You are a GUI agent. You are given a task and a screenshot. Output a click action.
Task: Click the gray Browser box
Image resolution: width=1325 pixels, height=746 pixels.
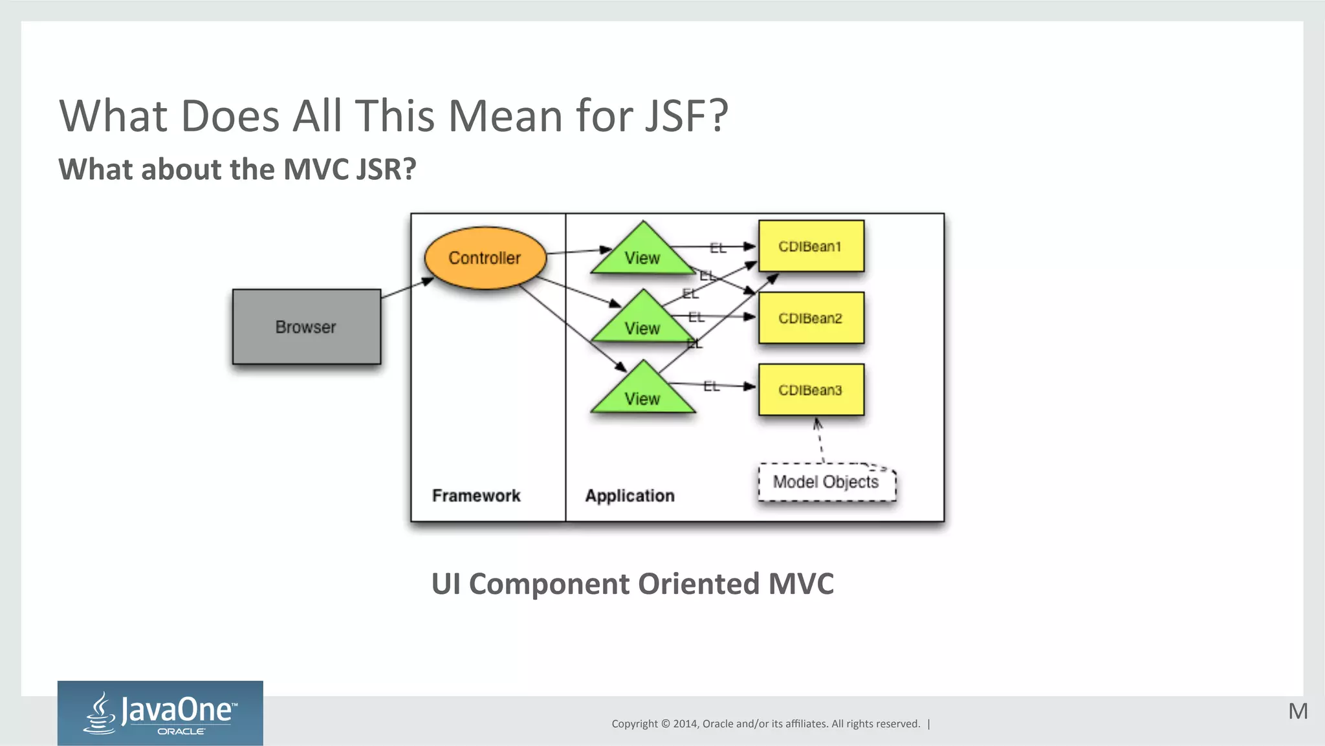306,327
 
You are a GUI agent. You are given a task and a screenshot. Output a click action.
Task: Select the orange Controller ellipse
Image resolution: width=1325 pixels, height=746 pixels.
485,258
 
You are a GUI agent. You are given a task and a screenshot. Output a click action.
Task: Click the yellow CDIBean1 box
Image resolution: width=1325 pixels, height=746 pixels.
811,247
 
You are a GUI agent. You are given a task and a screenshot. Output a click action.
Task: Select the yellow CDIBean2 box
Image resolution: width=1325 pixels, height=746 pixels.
811,318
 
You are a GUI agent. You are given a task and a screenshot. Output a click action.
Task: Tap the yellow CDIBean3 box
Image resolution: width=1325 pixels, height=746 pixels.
811,390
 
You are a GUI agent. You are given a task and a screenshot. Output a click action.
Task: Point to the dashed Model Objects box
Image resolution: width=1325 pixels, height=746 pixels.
826,482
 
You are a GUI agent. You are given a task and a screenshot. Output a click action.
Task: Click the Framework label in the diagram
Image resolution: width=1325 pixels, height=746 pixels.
476,496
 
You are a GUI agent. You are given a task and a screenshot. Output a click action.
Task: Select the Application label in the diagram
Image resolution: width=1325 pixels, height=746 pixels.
630,496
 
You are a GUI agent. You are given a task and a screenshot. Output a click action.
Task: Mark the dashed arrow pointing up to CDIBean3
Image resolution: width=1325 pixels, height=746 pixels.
820,441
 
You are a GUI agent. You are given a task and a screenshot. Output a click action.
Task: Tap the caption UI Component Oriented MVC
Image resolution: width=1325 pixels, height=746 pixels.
632,584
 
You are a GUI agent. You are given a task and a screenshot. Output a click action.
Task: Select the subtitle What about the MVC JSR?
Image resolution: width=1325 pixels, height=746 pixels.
237,170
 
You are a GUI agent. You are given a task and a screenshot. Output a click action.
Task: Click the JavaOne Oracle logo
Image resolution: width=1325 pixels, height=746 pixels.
160,713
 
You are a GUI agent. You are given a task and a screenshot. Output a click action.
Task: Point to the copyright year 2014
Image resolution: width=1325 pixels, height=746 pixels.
684,724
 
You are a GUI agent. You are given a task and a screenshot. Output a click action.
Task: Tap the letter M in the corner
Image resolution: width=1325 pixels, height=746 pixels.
1298,711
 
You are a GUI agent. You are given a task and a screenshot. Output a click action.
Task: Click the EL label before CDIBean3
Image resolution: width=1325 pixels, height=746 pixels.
711,386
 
